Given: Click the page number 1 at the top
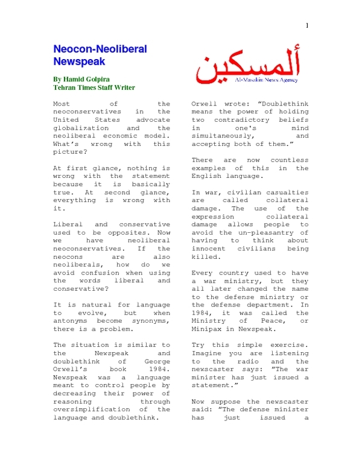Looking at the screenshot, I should [308, 25].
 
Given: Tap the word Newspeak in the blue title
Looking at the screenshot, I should [79, 61].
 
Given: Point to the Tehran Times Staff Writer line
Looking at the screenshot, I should [94, 87].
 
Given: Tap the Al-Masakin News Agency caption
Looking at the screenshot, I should [282, 79].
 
